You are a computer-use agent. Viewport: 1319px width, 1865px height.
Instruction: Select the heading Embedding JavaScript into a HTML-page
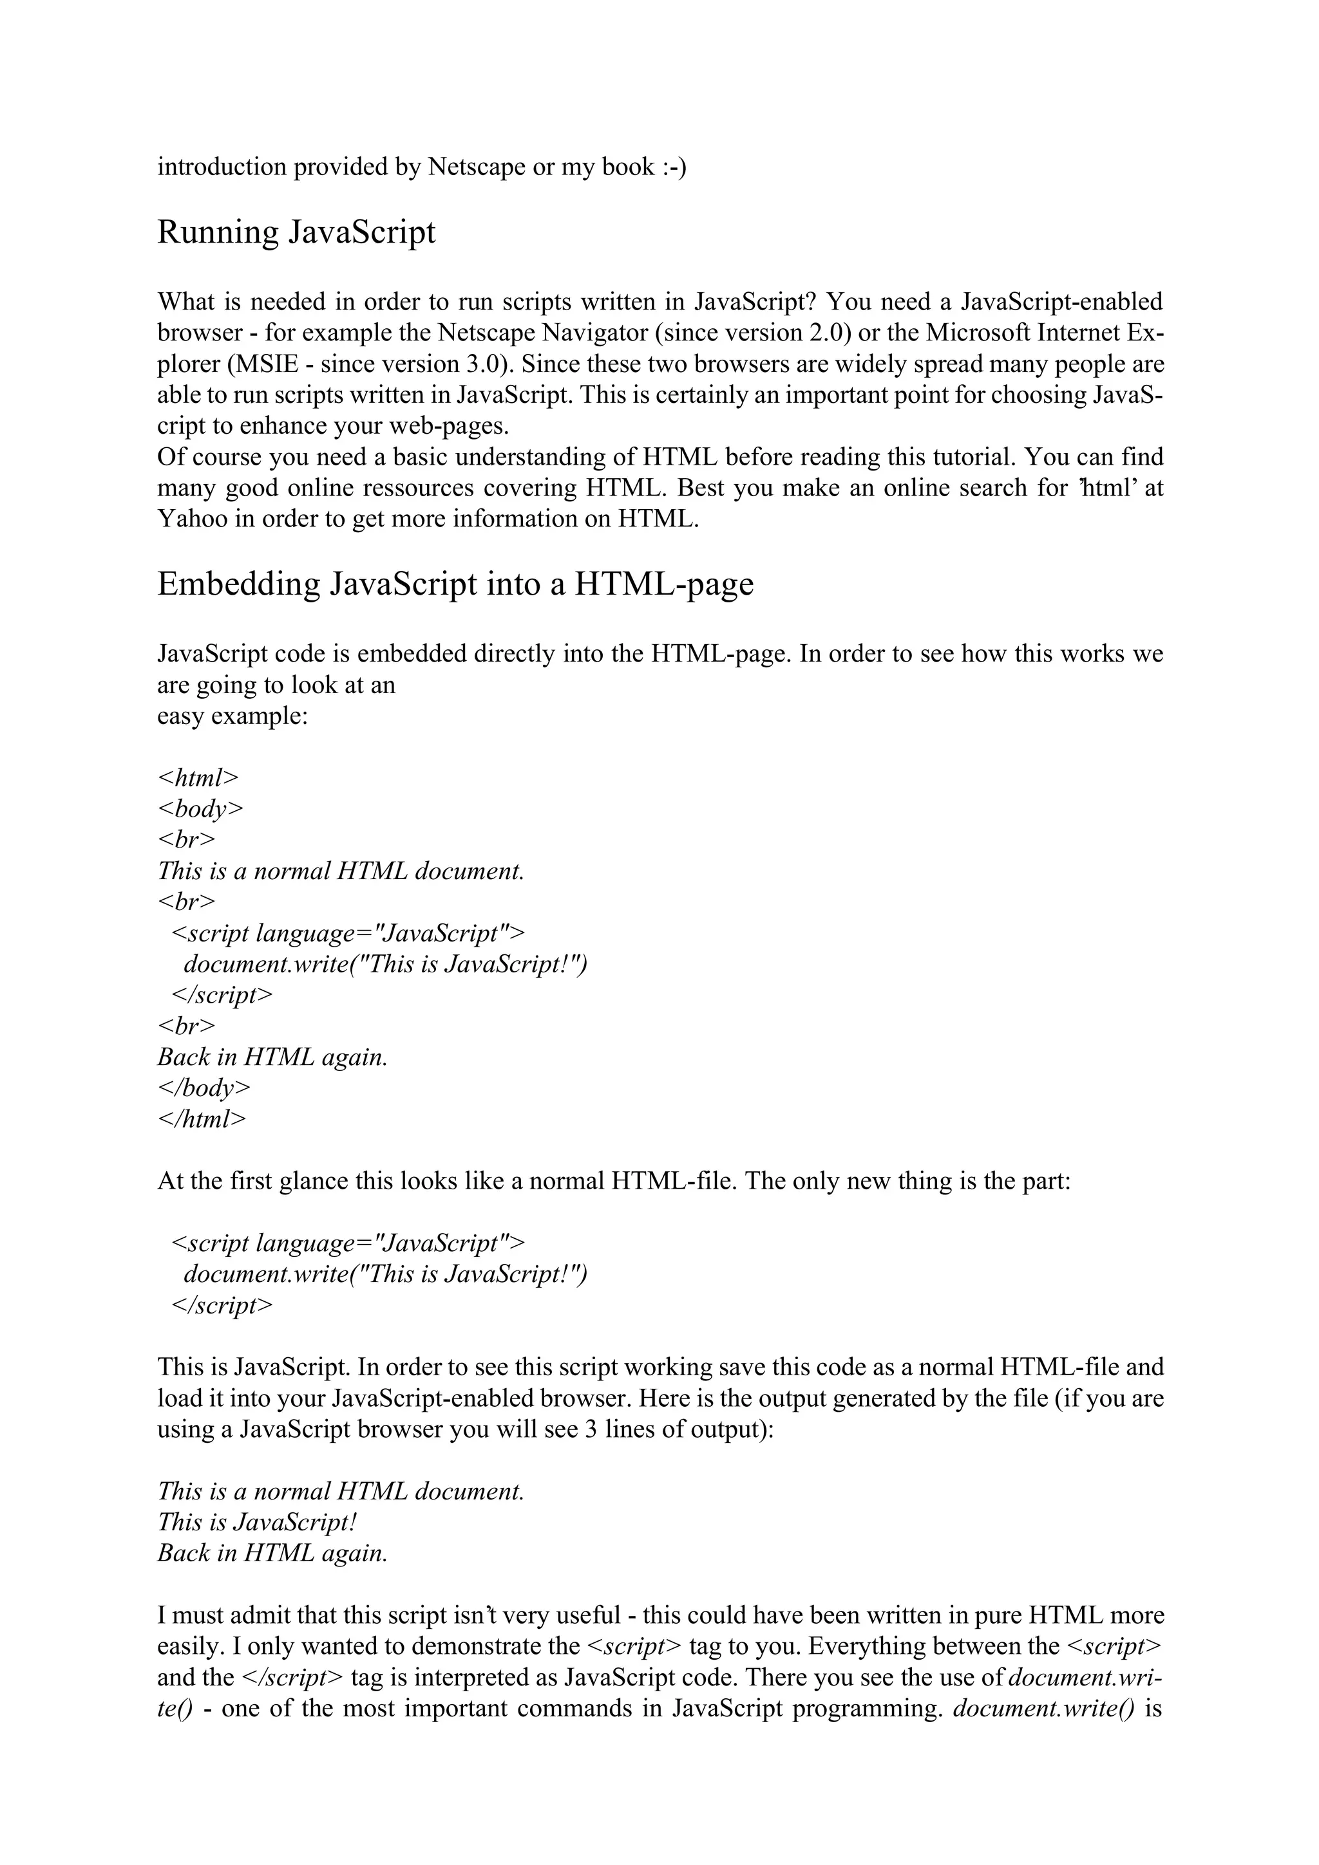coord(455,584)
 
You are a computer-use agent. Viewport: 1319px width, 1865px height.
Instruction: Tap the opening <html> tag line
coord(198,777)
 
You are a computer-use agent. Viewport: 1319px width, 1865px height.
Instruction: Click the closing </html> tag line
coord(202,1118)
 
